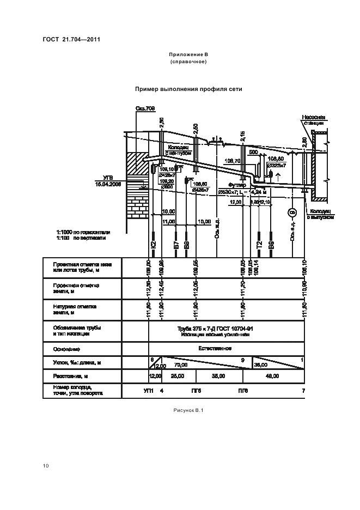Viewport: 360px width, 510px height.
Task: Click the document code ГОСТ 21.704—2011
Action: [71, 40]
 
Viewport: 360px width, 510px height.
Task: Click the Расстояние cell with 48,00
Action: [272, 376]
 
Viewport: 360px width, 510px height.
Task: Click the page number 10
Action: [46, 465]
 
